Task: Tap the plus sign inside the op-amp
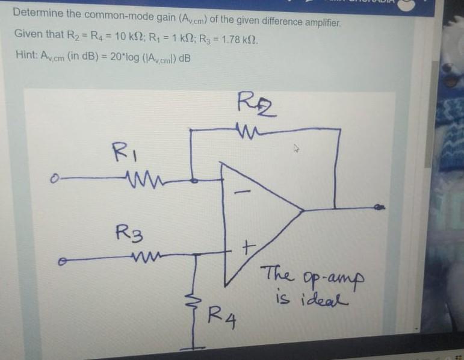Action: tap(248, 247)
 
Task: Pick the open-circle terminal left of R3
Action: tap(59, 262)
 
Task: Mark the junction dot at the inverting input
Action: tap(193, 179)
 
